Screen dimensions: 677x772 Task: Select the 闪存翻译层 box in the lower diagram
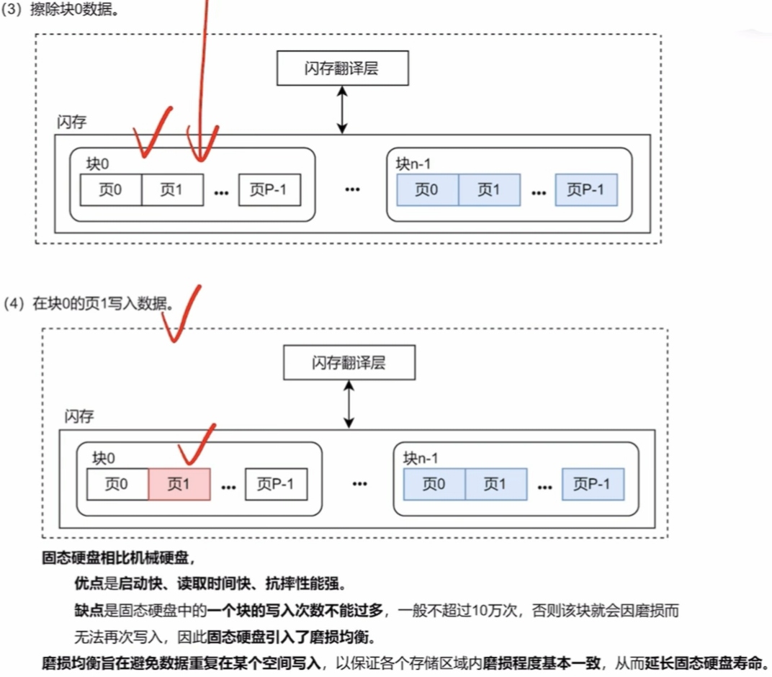349,362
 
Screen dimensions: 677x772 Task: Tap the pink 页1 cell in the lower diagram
179,485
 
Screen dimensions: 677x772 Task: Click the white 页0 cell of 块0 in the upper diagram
110,190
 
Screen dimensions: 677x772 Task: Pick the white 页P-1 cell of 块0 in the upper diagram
269,190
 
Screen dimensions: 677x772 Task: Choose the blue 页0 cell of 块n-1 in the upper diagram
427,190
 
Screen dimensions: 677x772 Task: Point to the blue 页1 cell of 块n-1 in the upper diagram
488,190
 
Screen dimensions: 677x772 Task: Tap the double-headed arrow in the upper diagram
344,109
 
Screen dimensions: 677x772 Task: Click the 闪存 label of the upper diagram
71,122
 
